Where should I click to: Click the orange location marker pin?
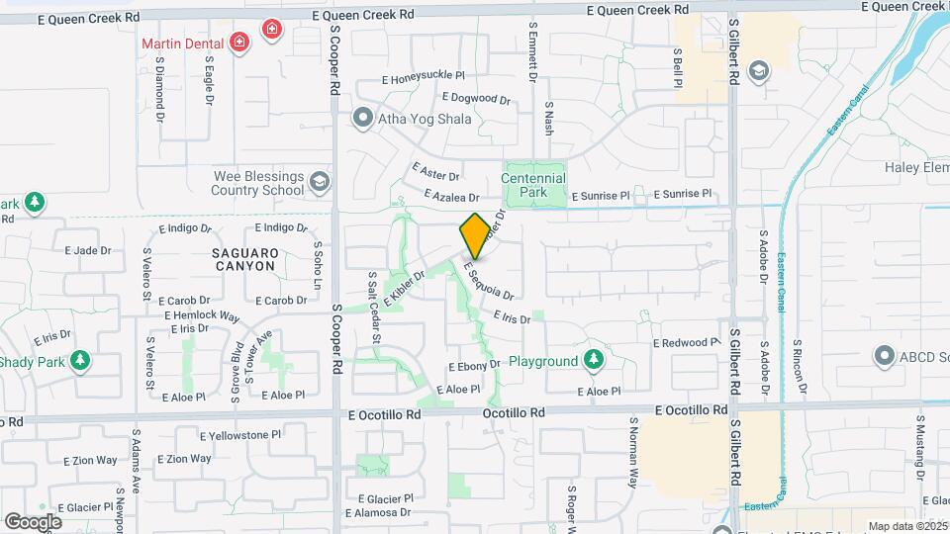[475, 235]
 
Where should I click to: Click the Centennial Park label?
[533, 185]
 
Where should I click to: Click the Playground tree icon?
[594, 360]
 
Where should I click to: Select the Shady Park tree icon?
[80, 362]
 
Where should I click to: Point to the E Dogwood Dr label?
[476, 99]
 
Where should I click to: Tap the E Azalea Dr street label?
[451, 198]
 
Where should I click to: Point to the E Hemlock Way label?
[202, 316]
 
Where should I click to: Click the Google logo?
[33, 521]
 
